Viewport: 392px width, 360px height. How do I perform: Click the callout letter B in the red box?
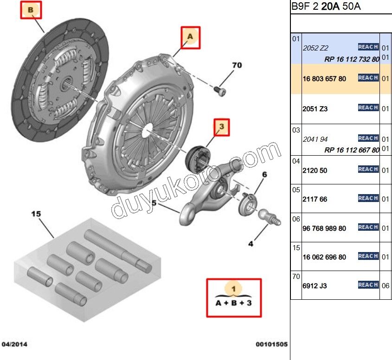tap(30, 10)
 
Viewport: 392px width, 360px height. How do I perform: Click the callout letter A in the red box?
tap(190, 36)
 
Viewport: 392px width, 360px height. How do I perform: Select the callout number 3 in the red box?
tap(222, 126)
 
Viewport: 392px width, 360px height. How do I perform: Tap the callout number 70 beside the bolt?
tap(237, 65)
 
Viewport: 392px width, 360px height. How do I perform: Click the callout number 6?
tap(264, 175)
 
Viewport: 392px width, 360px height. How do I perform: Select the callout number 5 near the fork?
tap(154, 203)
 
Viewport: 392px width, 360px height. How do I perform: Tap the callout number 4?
tap(251, 243)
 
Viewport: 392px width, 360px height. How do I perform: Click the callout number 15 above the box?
tap(36, 214)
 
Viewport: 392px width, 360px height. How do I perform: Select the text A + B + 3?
tap(234, 303)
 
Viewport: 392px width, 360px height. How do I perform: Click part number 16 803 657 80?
tap(324, 79)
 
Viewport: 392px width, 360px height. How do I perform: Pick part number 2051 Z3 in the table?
tap(315, 109)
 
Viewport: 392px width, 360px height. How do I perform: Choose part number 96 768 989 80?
tap(324, 228)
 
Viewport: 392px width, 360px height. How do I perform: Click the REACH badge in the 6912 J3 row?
tap(368, 285)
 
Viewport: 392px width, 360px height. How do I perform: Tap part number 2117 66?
tap(315, 199)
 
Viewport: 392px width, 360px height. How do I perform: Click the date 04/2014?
tap(14, 344)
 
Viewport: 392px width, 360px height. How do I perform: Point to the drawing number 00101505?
tap(272, 344)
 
